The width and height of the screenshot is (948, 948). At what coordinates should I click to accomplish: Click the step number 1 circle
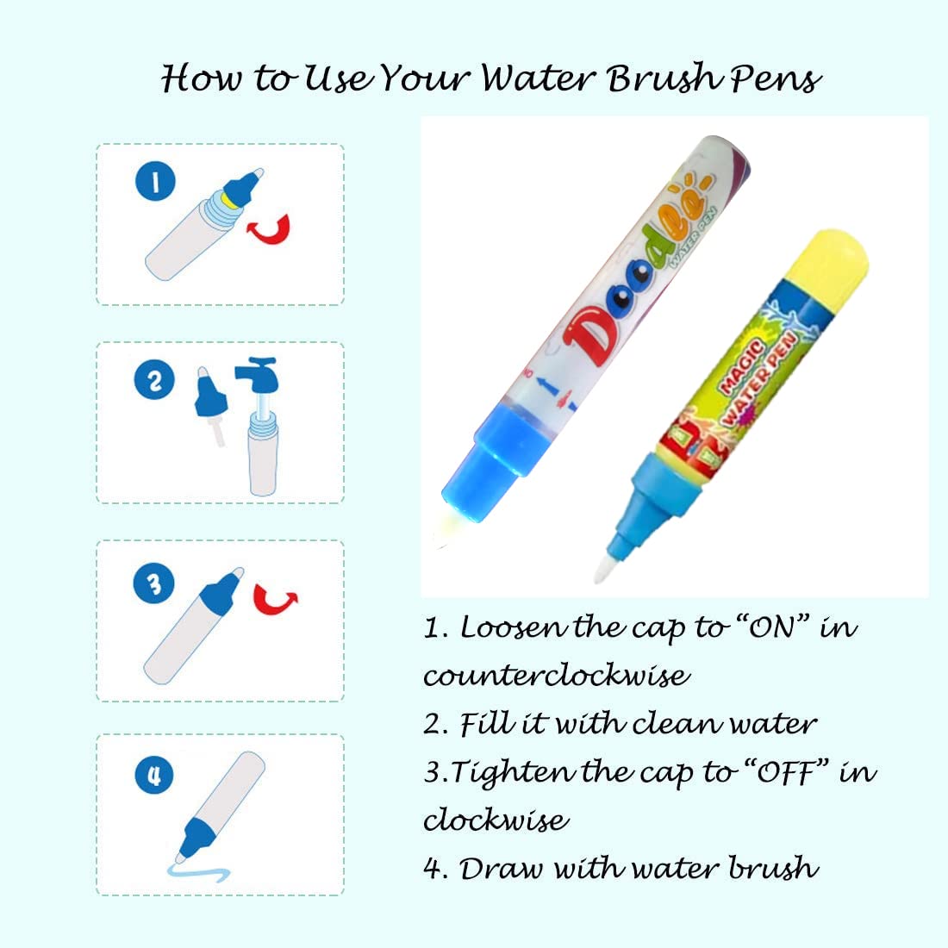point(156,181)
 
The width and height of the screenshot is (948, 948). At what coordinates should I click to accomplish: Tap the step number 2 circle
point(155,381)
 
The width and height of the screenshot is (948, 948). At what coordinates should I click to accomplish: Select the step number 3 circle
point(154,583)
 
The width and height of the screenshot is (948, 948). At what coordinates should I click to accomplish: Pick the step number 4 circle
point(155,775)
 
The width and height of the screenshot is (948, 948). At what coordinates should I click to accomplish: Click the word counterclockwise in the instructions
point(556,674)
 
